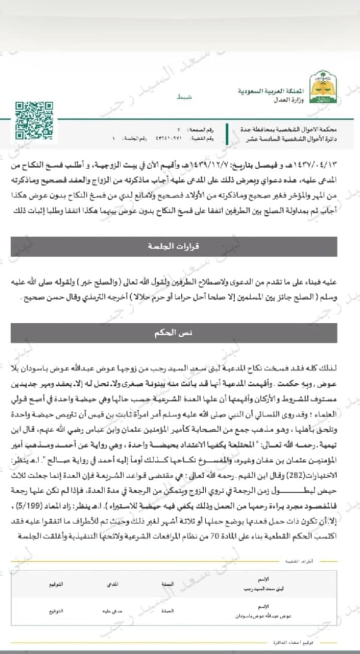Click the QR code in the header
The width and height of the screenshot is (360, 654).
(34, 120)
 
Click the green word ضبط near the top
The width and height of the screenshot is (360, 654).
(183, 96)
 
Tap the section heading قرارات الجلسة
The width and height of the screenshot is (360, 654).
(174, 247)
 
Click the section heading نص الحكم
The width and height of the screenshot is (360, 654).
(174, 333)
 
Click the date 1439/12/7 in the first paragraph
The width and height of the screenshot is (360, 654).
(213, 167)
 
